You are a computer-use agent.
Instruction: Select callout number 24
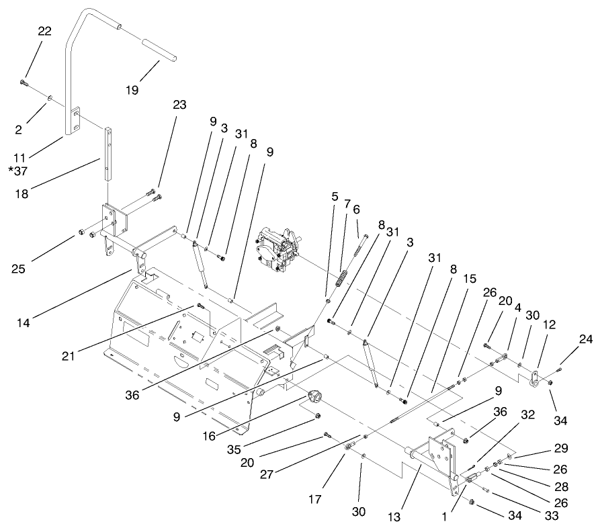[585, 340]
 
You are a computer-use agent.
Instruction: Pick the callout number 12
[549, 324]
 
